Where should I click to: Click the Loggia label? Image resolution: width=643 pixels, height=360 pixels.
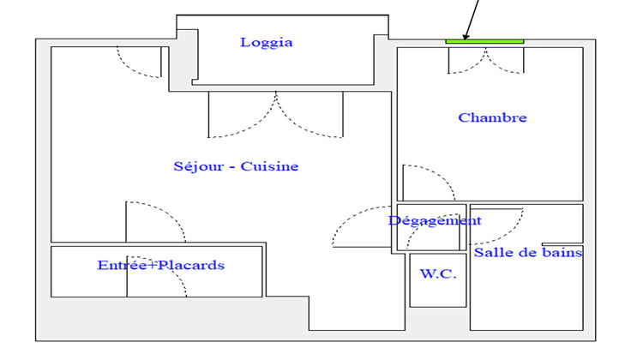coord(267,42)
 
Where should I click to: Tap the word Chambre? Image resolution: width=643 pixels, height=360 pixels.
coord(492,117)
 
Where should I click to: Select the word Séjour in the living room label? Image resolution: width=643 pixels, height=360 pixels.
coord(195,166)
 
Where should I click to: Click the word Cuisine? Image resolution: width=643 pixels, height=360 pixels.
coord(270,166)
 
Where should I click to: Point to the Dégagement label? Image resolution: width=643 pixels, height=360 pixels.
coord(435,220)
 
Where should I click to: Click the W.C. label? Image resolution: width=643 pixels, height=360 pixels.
coord(437,273)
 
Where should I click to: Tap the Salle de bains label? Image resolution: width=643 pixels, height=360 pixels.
coord(528,253)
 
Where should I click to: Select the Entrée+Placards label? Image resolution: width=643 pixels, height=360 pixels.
coord(161,265)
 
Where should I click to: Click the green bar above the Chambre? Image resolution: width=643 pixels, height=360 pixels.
coord(484,40)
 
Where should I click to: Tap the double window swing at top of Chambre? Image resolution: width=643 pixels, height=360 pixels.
coord(486,60)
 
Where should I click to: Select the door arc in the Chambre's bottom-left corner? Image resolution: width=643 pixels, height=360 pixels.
coord(424,182)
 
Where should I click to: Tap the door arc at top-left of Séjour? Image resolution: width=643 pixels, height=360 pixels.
coord(139,62)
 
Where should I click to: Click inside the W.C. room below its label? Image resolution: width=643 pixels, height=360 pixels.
coord(437,292)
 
